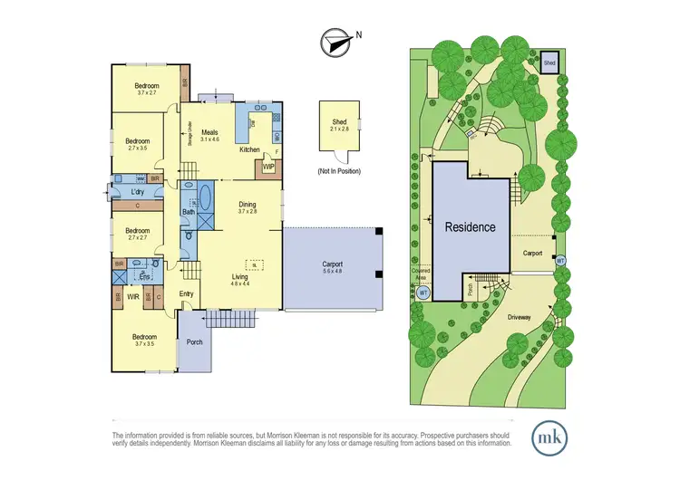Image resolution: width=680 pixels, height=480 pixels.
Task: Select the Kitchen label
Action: (250, 149)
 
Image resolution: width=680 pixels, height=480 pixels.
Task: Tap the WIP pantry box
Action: (268, 168)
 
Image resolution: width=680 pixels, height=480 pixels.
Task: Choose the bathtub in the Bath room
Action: (206, 196)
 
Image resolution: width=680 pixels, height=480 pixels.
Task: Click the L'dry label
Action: (139, 192)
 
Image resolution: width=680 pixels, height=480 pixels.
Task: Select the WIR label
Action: (133, 296)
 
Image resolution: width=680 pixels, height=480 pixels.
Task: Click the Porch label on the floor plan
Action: (194, 342)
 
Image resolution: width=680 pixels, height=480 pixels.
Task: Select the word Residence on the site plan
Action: (470, 226)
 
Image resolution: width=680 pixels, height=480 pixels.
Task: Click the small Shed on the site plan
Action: (549, 63)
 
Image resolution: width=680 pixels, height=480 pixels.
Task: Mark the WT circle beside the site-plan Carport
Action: (560, 261)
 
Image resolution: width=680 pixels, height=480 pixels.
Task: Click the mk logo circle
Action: (548, 437)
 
